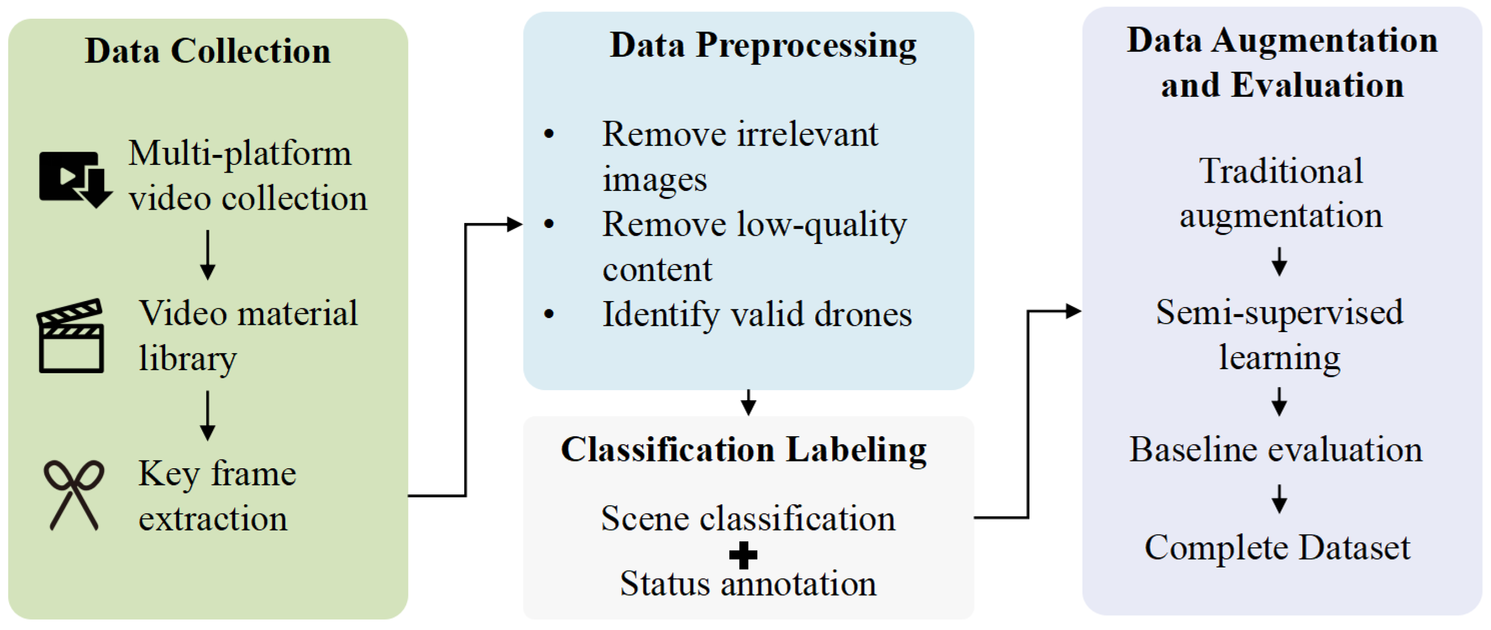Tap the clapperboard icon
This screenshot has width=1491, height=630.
[x=71, y=336]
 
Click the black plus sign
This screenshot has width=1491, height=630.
[x=743, y=555]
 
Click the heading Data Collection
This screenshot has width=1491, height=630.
[x=208, y=51]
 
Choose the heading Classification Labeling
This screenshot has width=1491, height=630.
[x=743, y=450]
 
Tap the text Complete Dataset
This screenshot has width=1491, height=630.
[x=1277, y=547]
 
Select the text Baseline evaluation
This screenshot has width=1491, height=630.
[x=1275, y=450]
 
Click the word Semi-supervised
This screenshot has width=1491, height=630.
[x=1279, y=312]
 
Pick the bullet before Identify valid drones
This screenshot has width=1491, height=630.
[x=549, y=314]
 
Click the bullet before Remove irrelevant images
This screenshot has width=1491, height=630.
[x=549, y=134]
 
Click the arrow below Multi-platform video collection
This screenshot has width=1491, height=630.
[x=208, y=255]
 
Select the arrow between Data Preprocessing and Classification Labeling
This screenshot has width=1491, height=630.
[x=748, y=402]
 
